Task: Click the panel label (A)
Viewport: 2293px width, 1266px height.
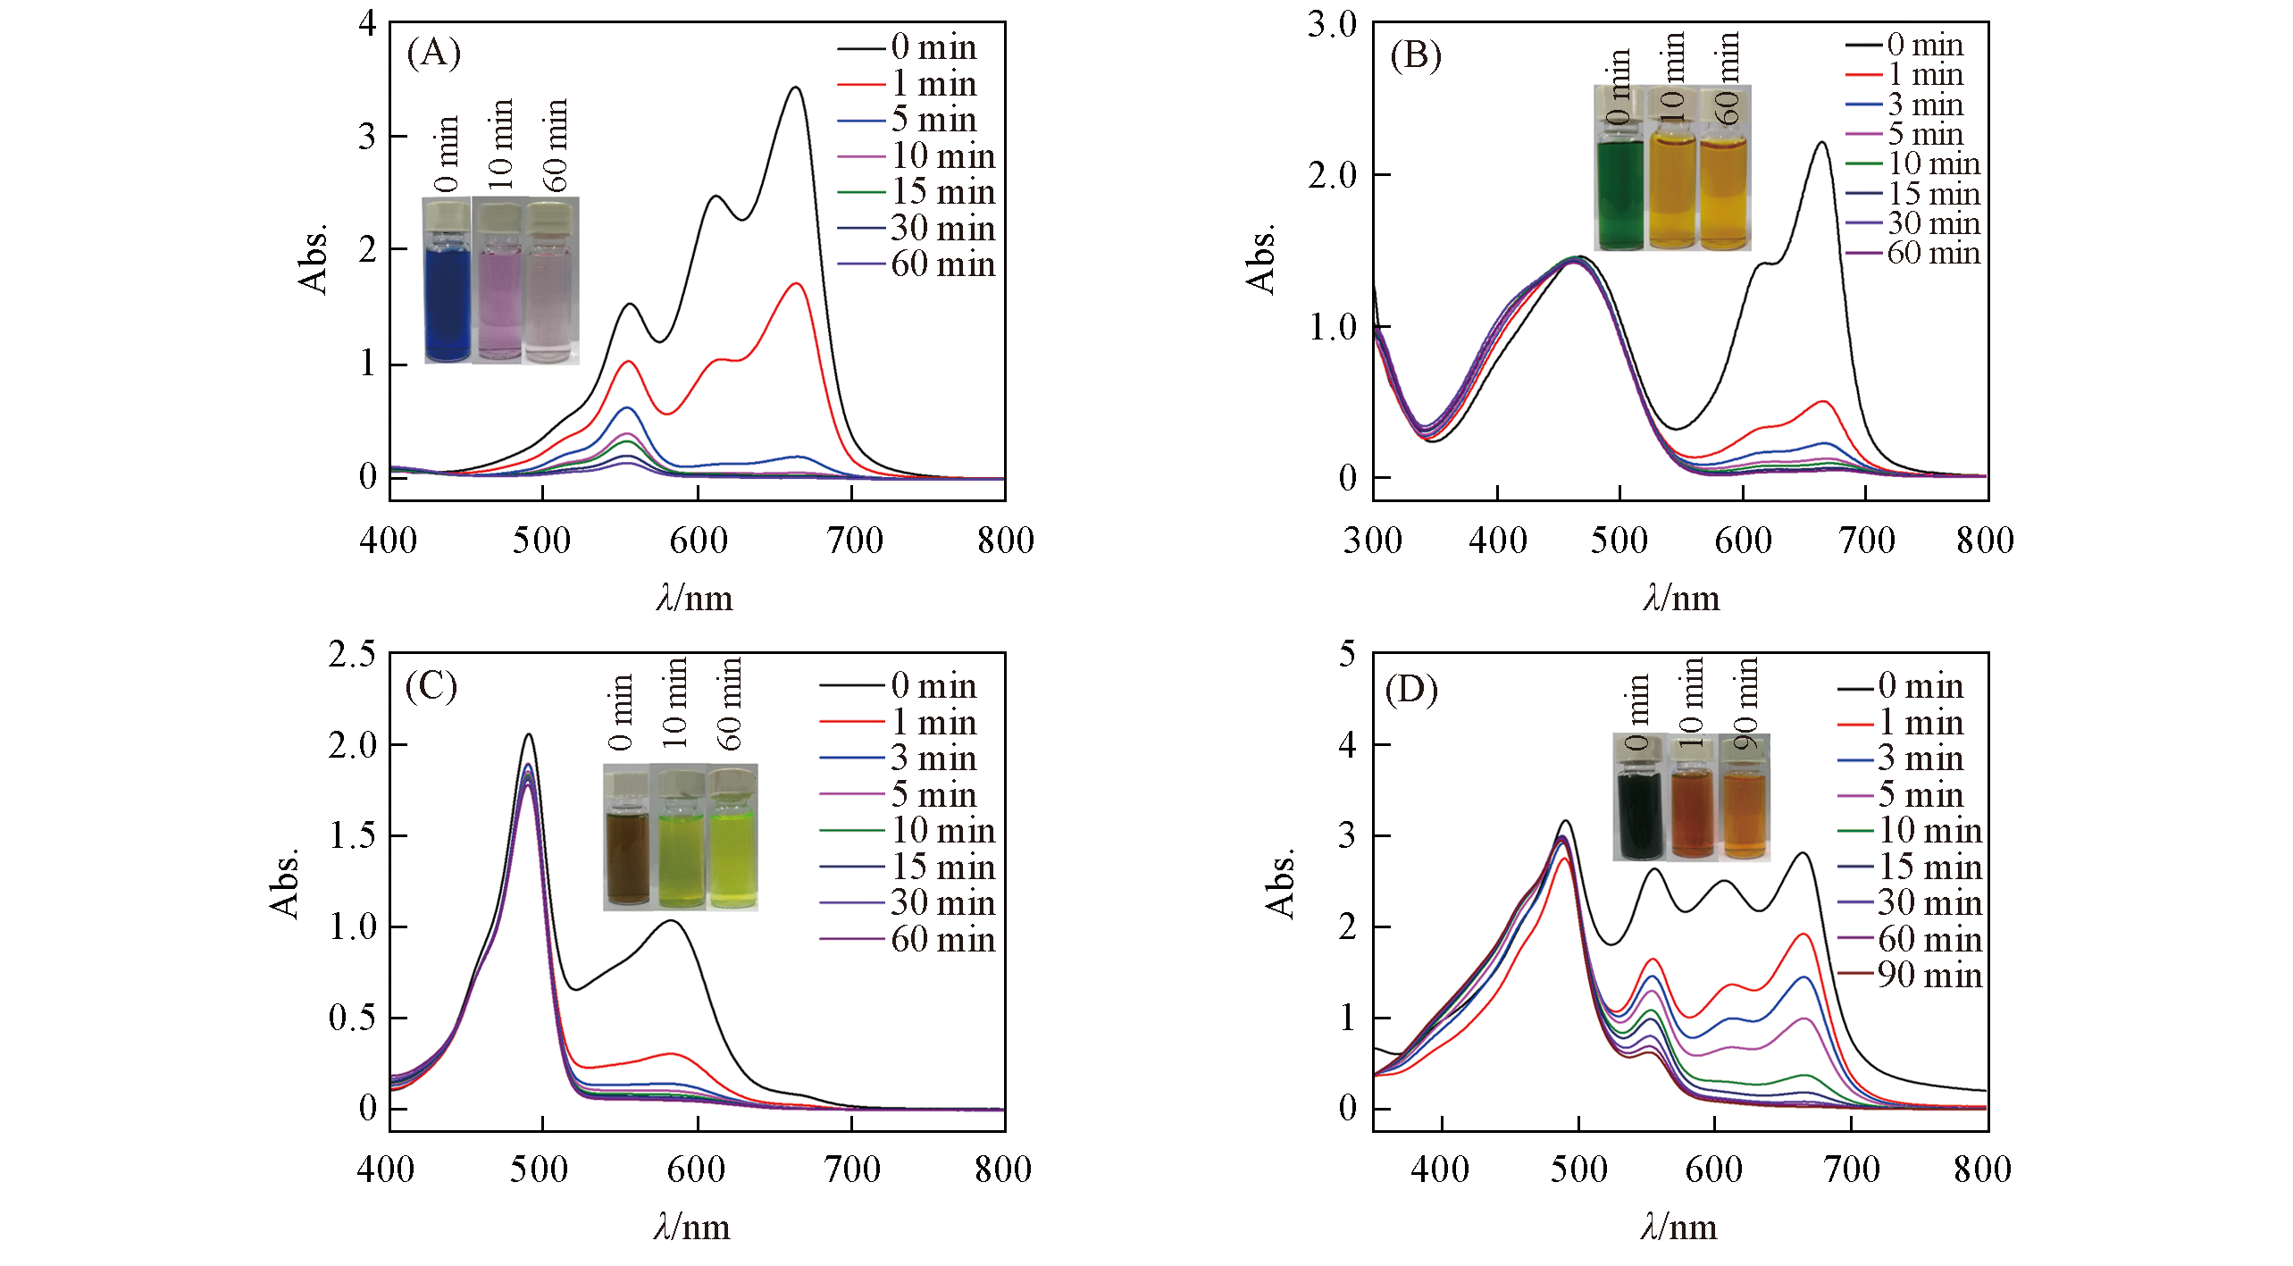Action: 434,54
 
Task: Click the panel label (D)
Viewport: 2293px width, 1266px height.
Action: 1411,690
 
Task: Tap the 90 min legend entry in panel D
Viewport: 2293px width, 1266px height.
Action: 1911,975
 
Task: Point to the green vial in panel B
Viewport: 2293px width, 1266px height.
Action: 1620,192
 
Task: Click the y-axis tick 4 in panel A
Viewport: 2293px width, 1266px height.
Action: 367,23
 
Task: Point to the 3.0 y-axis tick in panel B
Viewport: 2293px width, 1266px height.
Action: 1332,24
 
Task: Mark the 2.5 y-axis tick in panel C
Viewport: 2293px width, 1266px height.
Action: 352,654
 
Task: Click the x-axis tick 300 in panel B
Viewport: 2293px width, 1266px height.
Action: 1373,541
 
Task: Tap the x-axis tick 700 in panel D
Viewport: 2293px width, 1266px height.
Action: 1853,1170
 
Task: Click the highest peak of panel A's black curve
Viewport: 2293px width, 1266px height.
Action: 795,88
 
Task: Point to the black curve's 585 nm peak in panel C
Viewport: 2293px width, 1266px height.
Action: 671,921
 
